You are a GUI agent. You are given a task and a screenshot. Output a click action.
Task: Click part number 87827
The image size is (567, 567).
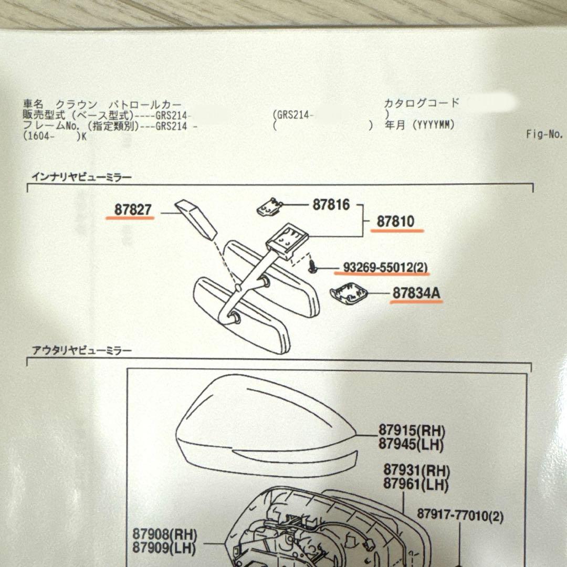(x=133, y=209)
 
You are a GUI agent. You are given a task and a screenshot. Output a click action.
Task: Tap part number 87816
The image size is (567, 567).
(x=331, y=204)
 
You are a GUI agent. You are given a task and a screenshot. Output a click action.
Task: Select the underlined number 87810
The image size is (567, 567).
(x=395, y=222)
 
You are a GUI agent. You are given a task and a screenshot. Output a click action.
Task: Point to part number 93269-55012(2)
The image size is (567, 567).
(x=385, y=268)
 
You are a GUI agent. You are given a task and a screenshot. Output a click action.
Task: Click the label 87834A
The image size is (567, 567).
(x=416, y=293)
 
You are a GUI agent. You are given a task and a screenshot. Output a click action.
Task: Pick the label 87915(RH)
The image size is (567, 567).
(x=412, y=430)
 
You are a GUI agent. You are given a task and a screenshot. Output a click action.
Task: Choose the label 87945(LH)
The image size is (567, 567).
(x=411, y=444)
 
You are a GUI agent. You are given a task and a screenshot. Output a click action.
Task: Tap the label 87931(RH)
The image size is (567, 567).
(x=416, y=470)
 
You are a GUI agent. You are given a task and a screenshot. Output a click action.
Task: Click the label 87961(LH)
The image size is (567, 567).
(x=416, y=484)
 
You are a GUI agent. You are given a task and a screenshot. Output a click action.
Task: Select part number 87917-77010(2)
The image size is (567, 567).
(x=460, y=515)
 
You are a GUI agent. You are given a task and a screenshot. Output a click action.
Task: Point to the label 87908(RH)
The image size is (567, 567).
(x=164, y=534)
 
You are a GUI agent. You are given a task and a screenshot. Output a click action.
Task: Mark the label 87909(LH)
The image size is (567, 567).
(x=164, y=548)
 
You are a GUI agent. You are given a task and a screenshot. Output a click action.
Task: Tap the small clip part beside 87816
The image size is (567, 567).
(x=269, y=207)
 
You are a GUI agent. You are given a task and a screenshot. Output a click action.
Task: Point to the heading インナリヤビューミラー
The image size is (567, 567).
(x=82, y=177)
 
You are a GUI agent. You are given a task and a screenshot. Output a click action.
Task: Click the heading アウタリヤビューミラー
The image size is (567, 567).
(x=82, y=350)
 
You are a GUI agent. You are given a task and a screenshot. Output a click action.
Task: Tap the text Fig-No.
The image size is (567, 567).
(x=544, y=134)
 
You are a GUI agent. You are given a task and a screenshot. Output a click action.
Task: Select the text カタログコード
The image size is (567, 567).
(x=421, y=103)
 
